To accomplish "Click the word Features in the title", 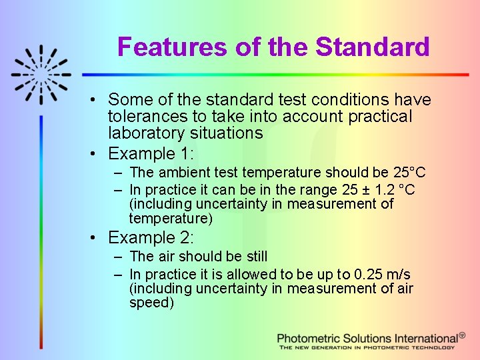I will click(173, 47).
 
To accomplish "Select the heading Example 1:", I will click(151, 154).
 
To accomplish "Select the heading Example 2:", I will click(151, 238).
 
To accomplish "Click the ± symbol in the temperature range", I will click(365, 190).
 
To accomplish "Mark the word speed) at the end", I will click(151, 303).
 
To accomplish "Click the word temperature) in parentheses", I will click(171, 219).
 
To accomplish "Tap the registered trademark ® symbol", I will click(463, 337).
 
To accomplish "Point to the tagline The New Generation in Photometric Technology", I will click(367, 347).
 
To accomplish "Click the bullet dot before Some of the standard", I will click(96, 101).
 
